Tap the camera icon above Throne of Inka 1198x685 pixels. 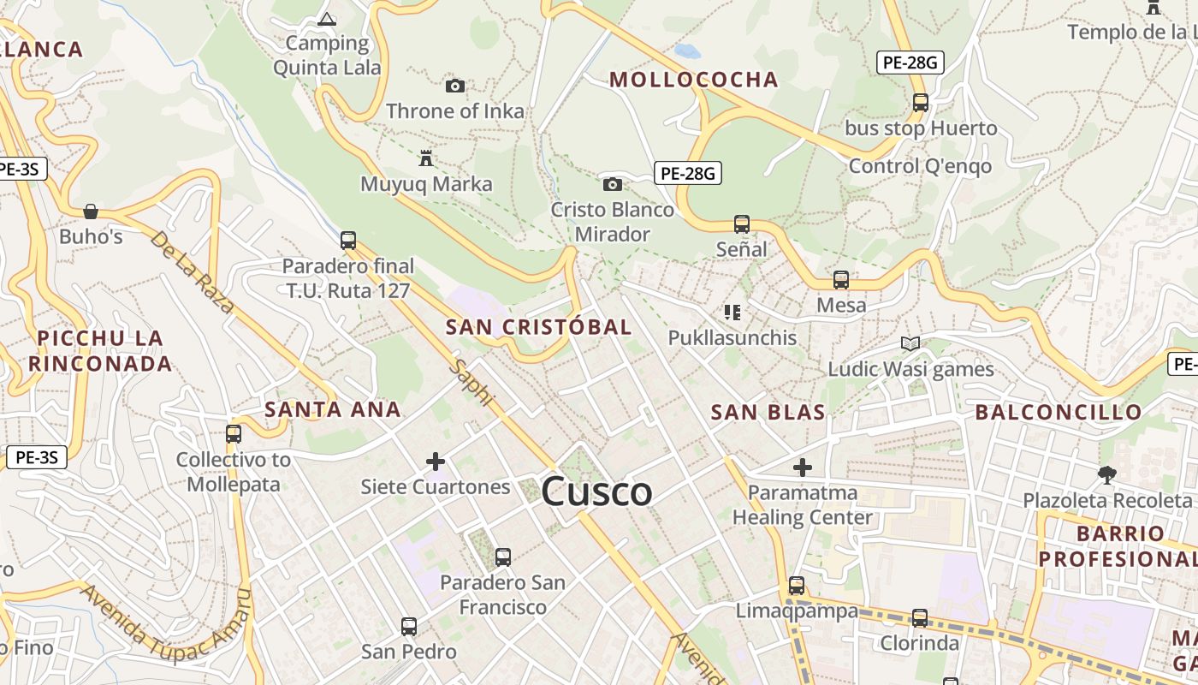(x=455, y=86)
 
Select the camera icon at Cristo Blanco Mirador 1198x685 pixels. (x=612, y=184)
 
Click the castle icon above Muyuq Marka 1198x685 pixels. (x=425, y=158)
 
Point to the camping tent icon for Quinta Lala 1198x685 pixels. (x=326, y=18)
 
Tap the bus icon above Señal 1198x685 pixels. (x=742, y=224)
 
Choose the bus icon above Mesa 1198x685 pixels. (x=841, y=280)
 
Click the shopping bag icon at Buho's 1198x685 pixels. (x=91, y=211)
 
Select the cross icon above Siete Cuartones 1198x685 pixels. (x=436, y=462)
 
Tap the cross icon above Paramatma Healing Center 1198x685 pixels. (x=802, y=468)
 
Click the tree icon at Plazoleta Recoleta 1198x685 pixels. (x=1107, y=474)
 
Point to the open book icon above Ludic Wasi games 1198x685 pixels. (x=910, y=344)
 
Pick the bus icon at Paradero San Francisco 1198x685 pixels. (x=503, y=557)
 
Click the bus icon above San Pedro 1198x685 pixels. (x=409, y=627)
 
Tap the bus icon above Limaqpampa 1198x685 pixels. (x=797, y=586)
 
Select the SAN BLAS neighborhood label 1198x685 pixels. (x=768, y=413)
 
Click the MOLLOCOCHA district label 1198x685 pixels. (x=693, y=80)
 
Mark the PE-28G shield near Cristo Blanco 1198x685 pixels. (x=688, y=174)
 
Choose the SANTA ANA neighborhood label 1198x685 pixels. (x=333, y=409)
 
